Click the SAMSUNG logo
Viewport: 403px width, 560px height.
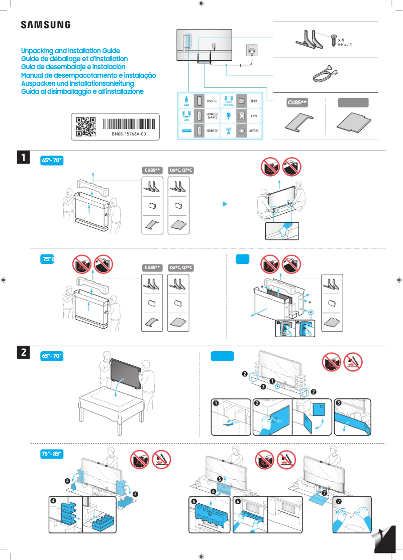(x=45, y=25)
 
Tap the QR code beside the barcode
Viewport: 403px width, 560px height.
(x=85, y=126)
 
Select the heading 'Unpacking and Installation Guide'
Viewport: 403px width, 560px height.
(x=70, y=51)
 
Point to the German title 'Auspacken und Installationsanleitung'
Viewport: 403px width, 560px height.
(x=77, y=83)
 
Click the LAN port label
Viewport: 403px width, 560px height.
(x=254, y=116)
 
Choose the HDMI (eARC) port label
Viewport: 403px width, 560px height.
(x=212, y=116)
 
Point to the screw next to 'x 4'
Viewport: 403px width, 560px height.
(x=333, y=40)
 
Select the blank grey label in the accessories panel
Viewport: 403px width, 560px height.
(x=353, y=102)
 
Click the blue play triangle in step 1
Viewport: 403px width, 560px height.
(x=226, y=204)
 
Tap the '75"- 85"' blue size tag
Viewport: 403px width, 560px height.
(x=52, y=454)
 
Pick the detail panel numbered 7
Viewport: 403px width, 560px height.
(x=352, y=514)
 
